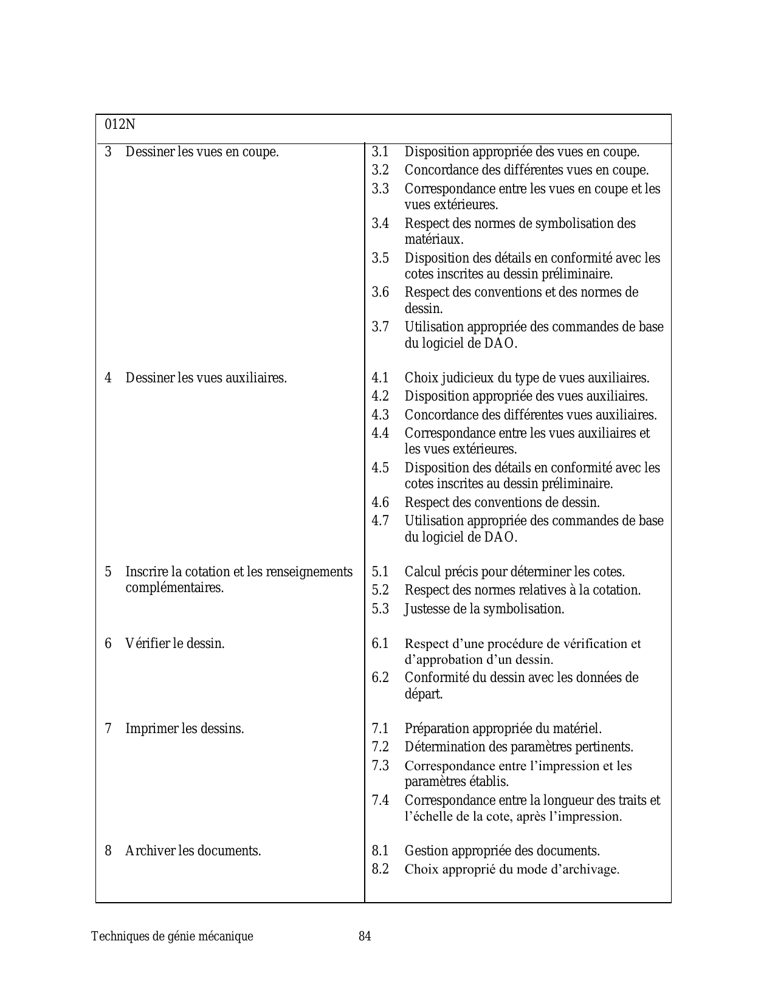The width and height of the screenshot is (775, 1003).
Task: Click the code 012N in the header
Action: click(x=120, y=125)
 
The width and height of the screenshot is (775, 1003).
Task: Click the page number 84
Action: click(x=365, y=936)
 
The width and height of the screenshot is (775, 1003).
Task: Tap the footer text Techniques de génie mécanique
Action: click(x=172, y=936)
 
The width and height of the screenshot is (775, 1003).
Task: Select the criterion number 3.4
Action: click(x=381, y=224)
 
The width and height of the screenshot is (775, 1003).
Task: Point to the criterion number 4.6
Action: click(x=381, y=503)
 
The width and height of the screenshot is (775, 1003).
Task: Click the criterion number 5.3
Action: click(x=381, y=608)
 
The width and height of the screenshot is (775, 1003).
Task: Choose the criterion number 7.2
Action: click(x=381, y=746)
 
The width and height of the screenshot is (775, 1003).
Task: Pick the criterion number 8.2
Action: click(x=381, y=869)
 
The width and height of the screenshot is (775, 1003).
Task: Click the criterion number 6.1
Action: click(x=381, y=643)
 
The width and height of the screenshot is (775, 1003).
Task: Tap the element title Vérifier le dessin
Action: click(x=175, y=643)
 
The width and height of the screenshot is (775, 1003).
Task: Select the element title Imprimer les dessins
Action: click(x=185, y=728)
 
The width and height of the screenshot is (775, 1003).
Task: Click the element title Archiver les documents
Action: click(x=193, y=850)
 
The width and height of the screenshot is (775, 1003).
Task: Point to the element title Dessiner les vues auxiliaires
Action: click(x=206, y=378)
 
